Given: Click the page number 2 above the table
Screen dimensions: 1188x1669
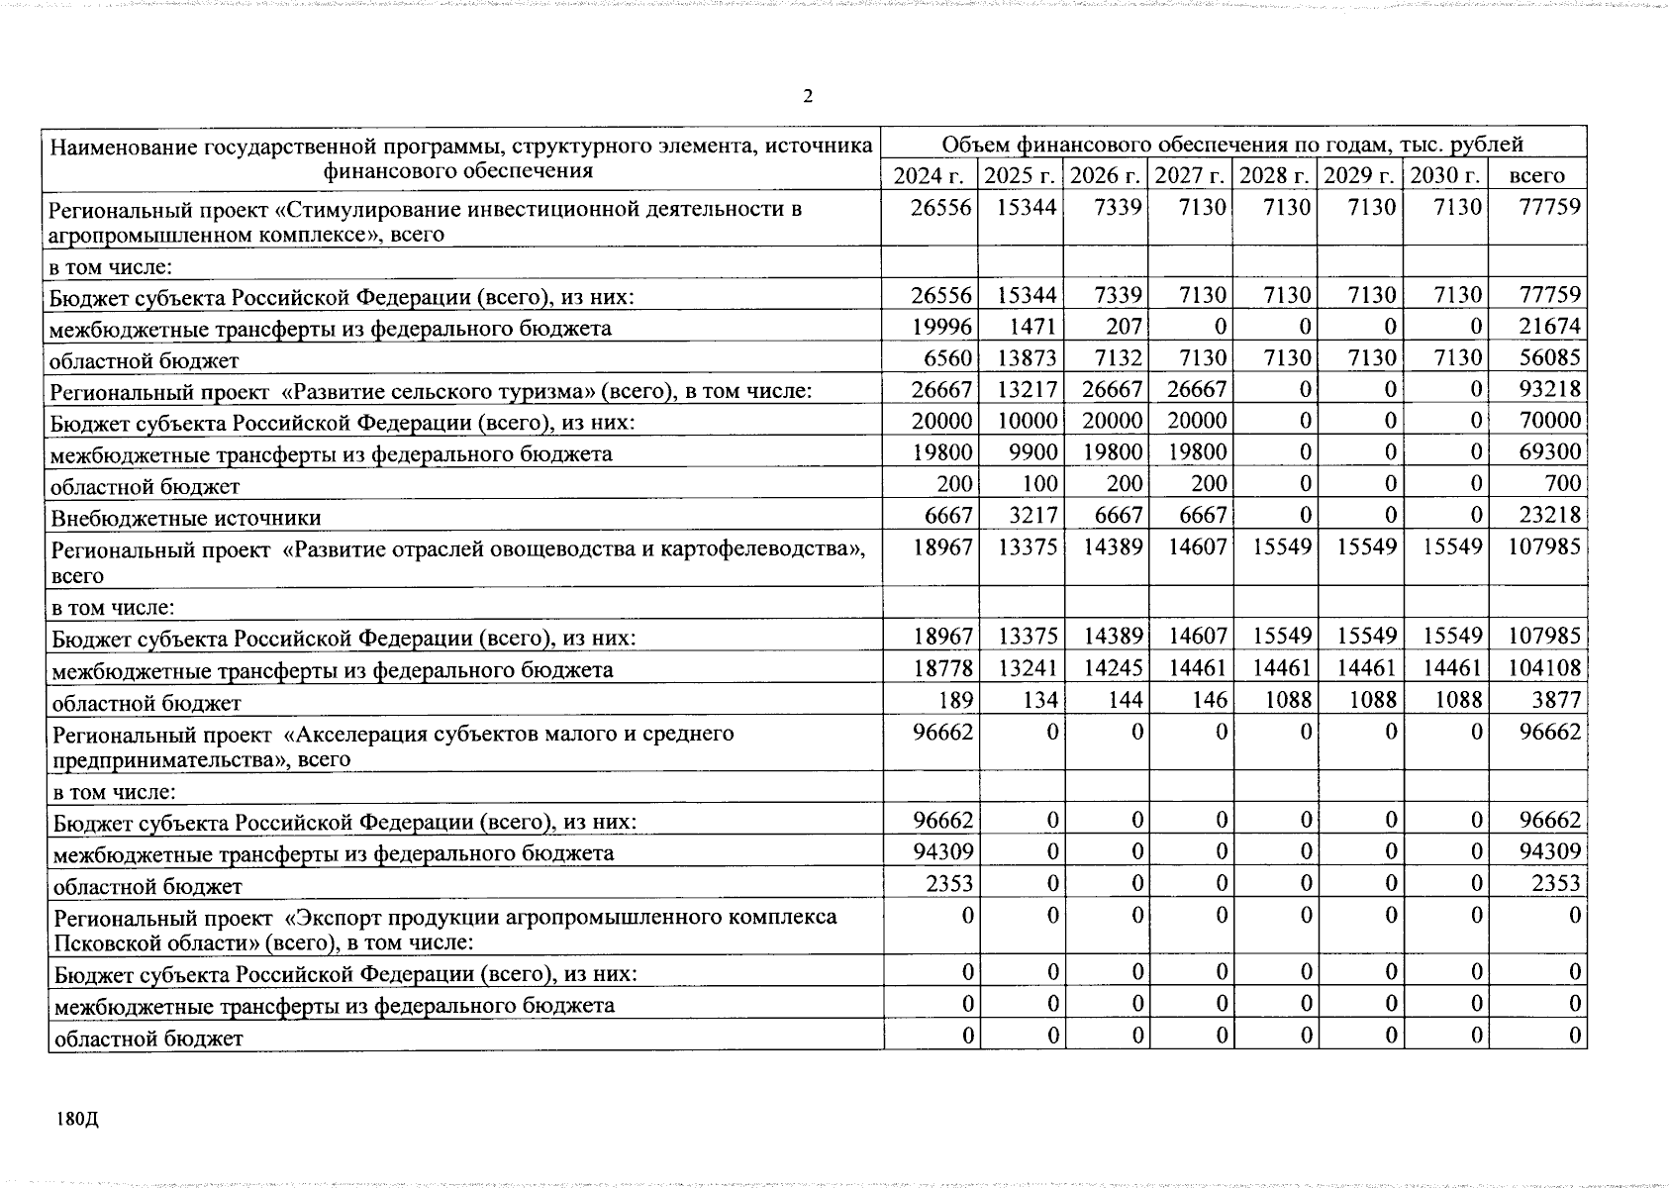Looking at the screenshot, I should [x=808, y=97].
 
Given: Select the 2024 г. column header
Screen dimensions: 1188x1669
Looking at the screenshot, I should [x=928, y=176].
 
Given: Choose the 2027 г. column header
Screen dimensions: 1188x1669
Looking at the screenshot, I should [x=1191, y=176].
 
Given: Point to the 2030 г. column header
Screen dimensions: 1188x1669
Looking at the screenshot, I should [x=1444, y=176].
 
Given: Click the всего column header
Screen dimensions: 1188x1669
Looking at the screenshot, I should [x=1536, y=176].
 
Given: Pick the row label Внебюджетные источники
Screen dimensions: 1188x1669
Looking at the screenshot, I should [x=185, y=518].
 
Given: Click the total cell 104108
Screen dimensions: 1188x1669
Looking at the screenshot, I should [x=1543, y=668].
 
